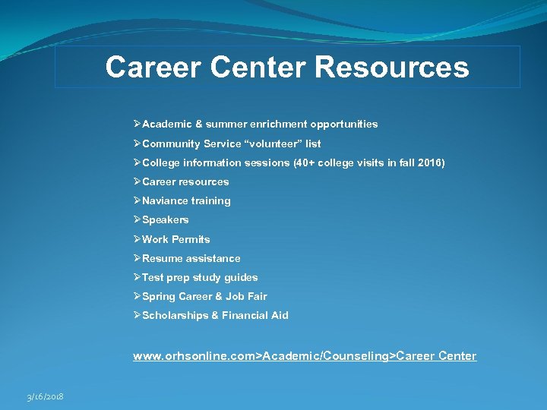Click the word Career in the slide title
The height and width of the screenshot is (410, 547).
tap(152, 68)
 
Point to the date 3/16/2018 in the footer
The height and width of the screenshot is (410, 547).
tap(45, 396)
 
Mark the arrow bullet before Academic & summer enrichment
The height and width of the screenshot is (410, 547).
tap(137, 124)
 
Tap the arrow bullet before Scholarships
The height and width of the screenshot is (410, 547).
tap(137, 315)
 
